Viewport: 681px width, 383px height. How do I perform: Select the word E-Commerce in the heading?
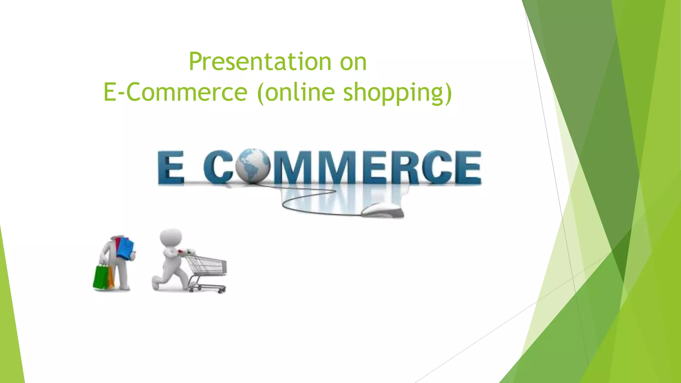[175, 92]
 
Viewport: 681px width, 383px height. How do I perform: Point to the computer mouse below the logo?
[382, 210]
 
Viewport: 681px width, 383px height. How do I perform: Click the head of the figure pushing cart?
[171, 237]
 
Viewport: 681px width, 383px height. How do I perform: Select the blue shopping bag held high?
[126, 248]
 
